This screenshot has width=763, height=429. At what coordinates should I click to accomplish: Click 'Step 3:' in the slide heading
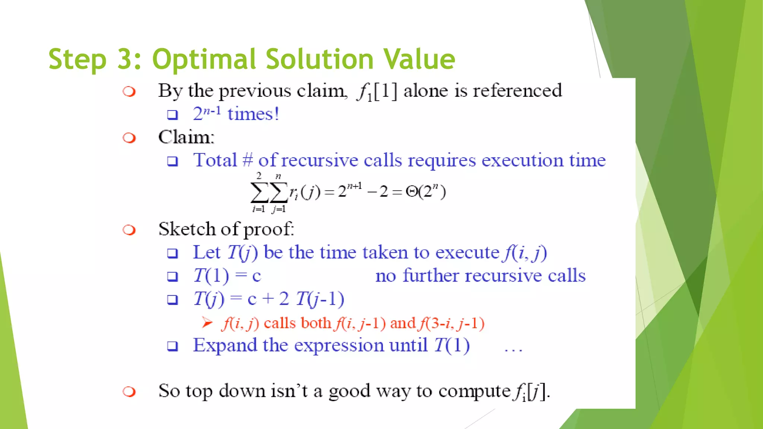pyautogui.click(x=95, y=60)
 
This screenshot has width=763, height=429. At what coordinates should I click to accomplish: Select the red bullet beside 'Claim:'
pyautogui.click(x=129, y=138)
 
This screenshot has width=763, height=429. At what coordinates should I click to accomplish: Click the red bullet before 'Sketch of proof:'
pyautogui.click(x=129, y=230)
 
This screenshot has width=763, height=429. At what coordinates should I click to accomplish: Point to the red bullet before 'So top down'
pyautogui.click(x=129, y=392)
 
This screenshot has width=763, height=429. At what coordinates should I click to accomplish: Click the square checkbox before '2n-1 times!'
pyautogui.click(x=172, y=115)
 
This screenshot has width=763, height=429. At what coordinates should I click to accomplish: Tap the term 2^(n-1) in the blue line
pyautogui.click(x=207, y=113)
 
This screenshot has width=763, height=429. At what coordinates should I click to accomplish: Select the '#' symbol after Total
pyautogui.click(x=247, y=161)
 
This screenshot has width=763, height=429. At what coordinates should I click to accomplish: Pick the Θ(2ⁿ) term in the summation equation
pyautogui.click(x=425, y=192)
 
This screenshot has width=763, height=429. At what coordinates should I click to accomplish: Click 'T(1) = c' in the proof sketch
pyautogui.click(x=227, y=276)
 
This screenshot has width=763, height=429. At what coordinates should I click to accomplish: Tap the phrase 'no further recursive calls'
pyautogui.click(x=480, y=276)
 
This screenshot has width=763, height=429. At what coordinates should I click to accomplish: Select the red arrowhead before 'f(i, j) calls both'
pyautogui.click(x=207, y=322)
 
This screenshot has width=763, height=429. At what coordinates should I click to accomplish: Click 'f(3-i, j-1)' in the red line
pyautogui.click(x=451, y=323)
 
